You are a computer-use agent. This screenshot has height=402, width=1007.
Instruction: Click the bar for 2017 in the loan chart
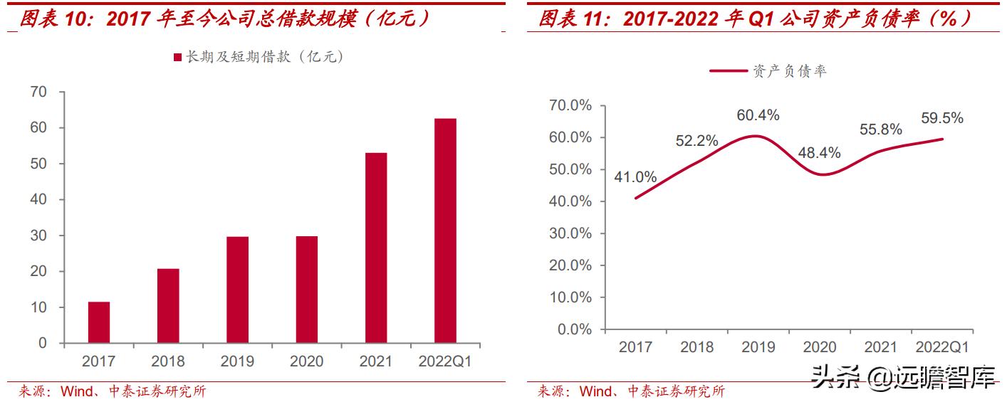tap(99, 322)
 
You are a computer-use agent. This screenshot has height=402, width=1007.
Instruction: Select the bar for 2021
tap(376, 248)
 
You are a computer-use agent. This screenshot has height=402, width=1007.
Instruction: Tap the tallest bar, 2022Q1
tap(445, 231)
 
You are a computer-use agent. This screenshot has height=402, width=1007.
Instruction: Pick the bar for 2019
tap(238, 290)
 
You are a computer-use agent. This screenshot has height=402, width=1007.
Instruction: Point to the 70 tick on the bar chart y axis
tap(38, 92)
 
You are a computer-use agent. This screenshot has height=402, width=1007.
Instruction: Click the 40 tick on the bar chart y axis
tap(38, 200)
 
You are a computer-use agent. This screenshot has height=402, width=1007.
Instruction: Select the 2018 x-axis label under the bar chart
tap(168, 361)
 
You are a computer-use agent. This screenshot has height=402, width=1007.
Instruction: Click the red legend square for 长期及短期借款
tap(177, 58)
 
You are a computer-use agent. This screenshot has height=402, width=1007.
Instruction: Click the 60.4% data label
tap(758, 115)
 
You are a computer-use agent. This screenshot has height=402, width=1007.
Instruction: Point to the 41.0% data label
tap(635, 177)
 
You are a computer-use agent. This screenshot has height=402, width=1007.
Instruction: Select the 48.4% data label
tap(820, 152)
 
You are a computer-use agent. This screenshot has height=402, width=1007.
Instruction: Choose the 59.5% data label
tap(941, 118)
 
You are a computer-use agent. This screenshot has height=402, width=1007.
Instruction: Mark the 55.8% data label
tap(881, 129)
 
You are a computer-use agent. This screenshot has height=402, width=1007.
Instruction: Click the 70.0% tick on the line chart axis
tap(570, 105)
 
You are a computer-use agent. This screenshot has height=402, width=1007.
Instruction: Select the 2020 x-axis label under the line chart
tap(820, 347)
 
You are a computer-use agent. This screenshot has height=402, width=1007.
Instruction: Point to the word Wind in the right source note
tap(595, 391)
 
